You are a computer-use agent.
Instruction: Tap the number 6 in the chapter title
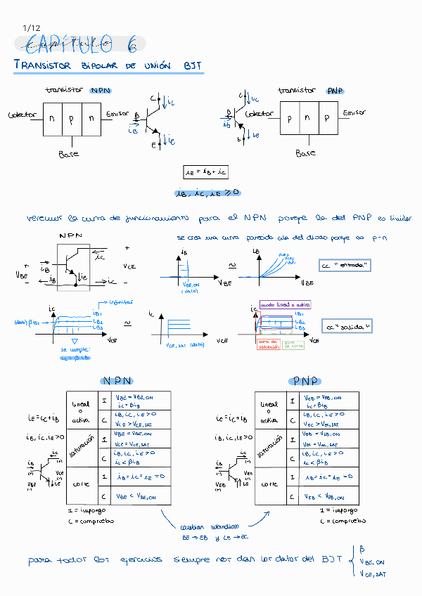click(x=132, y=44)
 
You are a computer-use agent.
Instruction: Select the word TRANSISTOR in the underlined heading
click(x=43, y=65)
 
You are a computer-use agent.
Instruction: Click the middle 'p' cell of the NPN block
click(x=71, y=119)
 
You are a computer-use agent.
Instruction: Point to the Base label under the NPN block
click(x=69, y=153)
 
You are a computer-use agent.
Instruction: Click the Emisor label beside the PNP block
click(x=354, y=112)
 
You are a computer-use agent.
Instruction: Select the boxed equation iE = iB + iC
click(x=205, y=171)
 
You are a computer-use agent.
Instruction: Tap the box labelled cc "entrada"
click(x=345, y=266)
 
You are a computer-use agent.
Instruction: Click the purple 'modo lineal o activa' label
click(x=286, y=304)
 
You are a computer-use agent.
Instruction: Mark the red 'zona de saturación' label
click(x=268, y=344)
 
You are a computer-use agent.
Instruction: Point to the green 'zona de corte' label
click(x=293, y=344)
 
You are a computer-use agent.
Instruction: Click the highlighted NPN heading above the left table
click(x=117, y=380)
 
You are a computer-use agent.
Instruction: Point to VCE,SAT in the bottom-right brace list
click(x=373, y=574)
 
